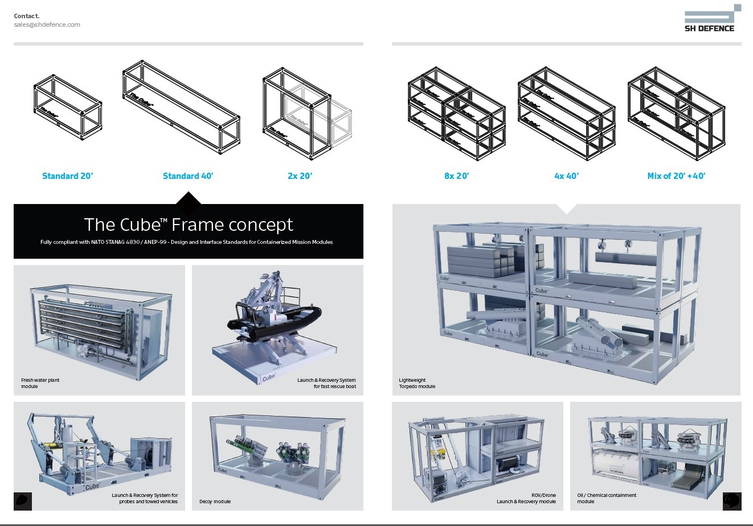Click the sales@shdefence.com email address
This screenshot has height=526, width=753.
[47, 25]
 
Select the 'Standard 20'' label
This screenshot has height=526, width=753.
[67, 176]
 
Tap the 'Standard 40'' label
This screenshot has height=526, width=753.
[188, 176]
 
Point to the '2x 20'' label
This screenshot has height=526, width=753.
[300, 176]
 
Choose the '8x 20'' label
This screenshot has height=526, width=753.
[456, 176]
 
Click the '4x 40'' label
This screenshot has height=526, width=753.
[566, 176]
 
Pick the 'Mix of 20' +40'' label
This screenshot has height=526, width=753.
[676, 176]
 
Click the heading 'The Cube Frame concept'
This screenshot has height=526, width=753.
[189, 225]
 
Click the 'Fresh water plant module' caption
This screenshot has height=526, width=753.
[40, 383]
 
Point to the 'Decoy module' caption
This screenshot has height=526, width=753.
[215, 501]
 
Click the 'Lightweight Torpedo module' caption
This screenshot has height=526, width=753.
[417, 383]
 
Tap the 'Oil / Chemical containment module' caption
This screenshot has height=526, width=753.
[607, 498]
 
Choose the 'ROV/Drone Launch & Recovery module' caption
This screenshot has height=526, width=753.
[526, 498]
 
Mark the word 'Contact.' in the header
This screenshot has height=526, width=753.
[27, 16]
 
